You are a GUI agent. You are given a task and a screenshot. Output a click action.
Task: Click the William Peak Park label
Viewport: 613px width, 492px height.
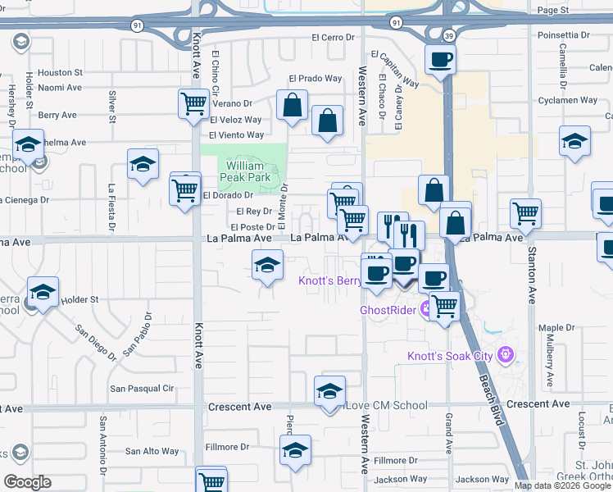pyautogui.click(x=244, y=171)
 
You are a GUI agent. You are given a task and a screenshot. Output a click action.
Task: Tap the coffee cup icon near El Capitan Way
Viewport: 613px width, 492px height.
pyautogui.click(x=440, y=60)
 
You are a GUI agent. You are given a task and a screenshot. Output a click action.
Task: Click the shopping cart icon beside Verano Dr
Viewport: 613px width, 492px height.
pyautogui.click(x=193, y=104)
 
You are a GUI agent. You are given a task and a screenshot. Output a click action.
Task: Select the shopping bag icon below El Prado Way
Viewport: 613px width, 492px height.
pyautogui.click(x=292, y=105)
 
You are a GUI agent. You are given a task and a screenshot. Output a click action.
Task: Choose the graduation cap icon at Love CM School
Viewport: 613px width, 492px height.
pyautogui.click(x=329, y=391)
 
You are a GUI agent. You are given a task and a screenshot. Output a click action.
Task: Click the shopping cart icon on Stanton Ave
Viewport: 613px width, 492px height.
pyautogui.click(x=525, y=214)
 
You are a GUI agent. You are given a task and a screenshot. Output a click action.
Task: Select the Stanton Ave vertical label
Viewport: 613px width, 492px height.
pyautogui.click(x=532, y=275)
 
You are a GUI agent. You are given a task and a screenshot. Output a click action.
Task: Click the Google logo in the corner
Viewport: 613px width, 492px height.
pyautogui.click(x=27, y=482)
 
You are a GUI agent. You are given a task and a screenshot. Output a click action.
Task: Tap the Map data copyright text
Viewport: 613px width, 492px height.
pyautogui.click(x=562, y=485)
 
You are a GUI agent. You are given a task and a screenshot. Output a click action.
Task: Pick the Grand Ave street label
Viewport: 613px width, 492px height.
pyautogui.click(x=449, y=434)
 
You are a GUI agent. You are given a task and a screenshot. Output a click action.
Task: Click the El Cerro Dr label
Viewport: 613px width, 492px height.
pyautogui.click(x=337, y=38)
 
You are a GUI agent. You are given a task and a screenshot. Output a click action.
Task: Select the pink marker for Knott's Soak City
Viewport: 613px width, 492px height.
pyautogui.click(x=507, y=355)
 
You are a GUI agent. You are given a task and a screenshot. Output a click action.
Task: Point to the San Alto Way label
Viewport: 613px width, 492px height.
pyautogui.click(x=152, y=451)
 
